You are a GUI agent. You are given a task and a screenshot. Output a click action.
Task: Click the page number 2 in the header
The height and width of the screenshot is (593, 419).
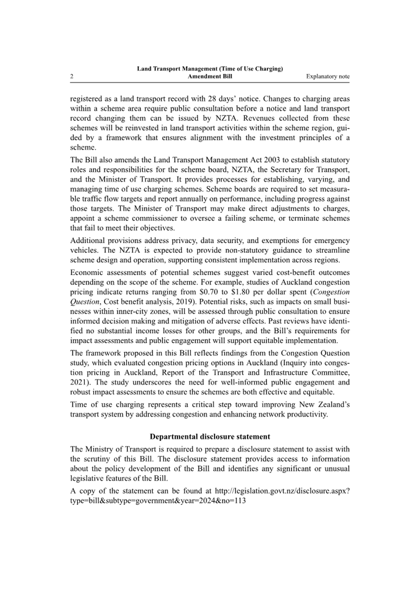point(72,77)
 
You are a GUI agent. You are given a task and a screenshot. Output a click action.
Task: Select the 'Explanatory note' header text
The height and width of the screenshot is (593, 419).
point(327,77)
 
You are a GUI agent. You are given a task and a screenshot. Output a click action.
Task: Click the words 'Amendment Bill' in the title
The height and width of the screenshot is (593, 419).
point(209,77)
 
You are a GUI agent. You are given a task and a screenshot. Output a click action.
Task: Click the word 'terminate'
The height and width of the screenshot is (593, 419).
point(304,218)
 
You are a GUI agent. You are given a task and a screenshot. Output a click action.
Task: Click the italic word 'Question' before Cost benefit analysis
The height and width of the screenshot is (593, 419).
point(83,302)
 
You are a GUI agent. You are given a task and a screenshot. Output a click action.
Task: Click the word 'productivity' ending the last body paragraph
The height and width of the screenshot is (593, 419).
point(307,415)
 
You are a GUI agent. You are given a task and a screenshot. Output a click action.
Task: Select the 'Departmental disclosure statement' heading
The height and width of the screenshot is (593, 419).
point(209,437)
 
